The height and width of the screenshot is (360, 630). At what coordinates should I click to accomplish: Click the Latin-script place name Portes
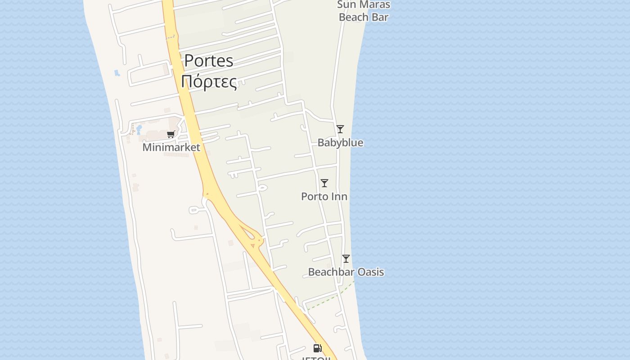point(209,61)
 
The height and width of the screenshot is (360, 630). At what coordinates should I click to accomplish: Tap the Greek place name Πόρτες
point(209,81)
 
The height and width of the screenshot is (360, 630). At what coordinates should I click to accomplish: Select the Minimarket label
point(171,147)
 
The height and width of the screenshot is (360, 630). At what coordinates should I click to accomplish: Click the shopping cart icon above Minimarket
point(171,134)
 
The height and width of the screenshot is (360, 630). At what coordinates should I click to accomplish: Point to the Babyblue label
point(340,143)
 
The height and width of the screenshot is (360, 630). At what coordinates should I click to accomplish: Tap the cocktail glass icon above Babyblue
point(340,129)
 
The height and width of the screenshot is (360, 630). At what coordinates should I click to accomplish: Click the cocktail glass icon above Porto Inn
point(324,183)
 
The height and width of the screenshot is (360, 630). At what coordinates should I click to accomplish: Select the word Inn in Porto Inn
point(339,197)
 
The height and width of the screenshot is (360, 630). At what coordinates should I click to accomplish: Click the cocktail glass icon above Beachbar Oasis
point(346,259)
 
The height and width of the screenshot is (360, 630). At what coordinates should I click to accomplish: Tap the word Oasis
point(370,272)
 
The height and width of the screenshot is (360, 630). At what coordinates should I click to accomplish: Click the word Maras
point(373,5)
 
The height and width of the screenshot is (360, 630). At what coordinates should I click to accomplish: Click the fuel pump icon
point(317,348)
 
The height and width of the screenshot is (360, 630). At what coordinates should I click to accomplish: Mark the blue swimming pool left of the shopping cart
point(139,130)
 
